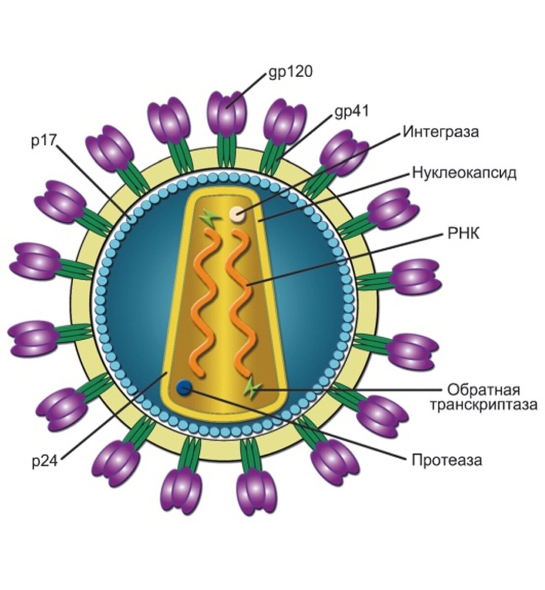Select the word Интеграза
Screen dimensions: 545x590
coord(441,132)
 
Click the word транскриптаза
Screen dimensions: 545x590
coord(483,405)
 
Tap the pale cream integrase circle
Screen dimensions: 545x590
coord(237,214)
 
